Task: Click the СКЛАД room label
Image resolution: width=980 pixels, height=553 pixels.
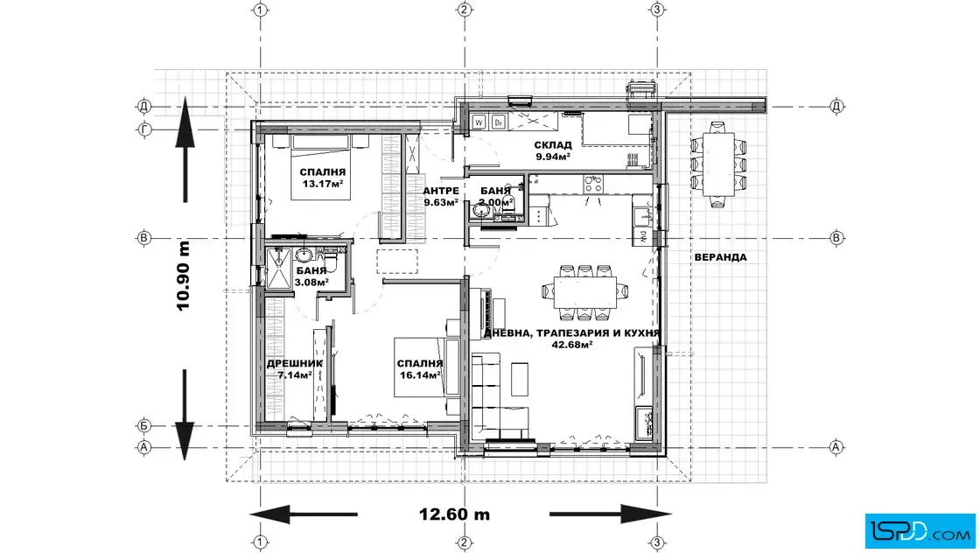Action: (553, 145)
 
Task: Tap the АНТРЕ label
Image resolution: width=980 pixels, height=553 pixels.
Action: (441, 191)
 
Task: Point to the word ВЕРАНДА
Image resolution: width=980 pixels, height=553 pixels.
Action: (721, 257)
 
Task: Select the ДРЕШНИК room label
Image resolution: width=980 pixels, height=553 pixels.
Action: (295, 363)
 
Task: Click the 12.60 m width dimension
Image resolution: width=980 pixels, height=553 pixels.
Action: (454, 514)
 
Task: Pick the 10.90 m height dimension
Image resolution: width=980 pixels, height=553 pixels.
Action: (183, 276)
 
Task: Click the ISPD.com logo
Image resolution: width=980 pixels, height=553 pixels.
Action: (920, 531)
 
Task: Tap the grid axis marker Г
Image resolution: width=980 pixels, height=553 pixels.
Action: (144, 129)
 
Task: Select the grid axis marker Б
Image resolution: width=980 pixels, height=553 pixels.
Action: (144, 425)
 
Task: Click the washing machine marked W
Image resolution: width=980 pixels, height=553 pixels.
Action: (479, 122)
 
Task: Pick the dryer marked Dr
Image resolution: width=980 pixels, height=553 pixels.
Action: (499, 122)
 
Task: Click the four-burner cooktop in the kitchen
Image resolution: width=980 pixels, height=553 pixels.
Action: (593, 184)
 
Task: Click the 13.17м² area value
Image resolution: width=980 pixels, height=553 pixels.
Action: (323, 184)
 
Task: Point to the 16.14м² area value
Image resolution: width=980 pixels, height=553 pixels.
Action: (420, 374)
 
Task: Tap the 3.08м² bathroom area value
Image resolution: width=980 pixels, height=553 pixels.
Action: (311, 283)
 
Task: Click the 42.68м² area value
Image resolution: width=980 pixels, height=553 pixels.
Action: (572, 344)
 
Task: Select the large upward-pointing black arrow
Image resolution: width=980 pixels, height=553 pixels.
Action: (185, 149)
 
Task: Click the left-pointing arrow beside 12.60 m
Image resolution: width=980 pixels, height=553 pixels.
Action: (303, 514)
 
